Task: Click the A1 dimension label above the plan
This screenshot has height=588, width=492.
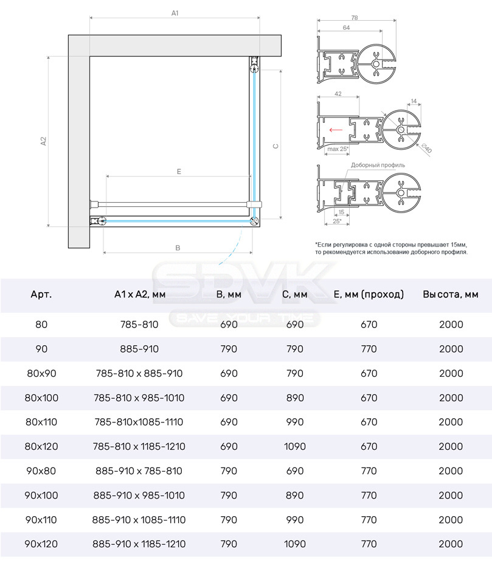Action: [x=175, y=13]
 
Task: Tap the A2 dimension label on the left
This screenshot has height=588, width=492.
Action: [x=43, y=141]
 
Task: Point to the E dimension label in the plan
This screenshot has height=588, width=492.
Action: [x=179, y=172]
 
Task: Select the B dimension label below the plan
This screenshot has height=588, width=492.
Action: [x=178, y=248]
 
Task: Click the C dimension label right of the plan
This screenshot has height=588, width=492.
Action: [x=275, y=146]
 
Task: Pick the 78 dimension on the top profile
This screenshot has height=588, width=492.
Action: [x=355, y=18]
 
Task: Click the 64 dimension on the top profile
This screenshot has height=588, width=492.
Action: [x=346, y=28]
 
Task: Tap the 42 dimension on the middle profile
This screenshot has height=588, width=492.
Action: [x=338, y=94]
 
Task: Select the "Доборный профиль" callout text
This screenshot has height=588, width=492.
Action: [x=378, y=165]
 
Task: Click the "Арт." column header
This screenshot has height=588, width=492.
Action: [x=41, y=295]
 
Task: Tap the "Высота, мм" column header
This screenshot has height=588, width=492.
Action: [x=451, y=295]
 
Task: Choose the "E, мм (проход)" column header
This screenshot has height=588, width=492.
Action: [x=369, y=295]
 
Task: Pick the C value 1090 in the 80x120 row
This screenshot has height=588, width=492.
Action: [x=294, y=446]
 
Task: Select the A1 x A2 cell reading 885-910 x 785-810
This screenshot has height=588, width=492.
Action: [x=139, y=471]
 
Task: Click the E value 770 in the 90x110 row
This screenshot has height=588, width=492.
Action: [x=369, y=520]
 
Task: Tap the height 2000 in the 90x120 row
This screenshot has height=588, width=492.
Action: [x=451, y=544]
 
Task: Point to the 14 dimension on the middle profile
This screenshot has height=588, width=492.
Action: [x=414, y=101]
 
